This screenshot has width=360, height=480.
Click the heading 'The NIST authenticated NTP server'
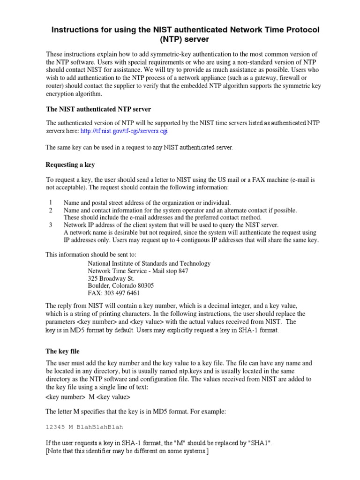pyautogui.click(x=98, y=109)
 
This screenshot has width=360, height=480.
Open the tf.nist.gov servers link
pyautogui.click(x=124, y=131)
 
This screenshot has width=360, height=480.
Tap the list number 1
pyautogui.click(x=50, y=202)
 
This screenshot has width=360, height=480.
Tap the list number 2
pyautogui.click(x=50, y=210)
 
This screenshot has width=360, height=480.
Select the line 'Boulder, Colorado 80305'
pyautogui.click(x=121, y=286)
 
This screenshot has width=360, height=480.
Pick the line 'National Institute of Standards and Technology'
pyautogui.click(x=149, y=263)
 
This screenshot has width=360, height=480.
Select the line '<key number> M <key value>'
pyautogui.click(x=88, y=397)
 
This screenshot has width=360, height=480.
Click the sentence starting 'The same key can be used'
pyautogui.click(x=139, y=148)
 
